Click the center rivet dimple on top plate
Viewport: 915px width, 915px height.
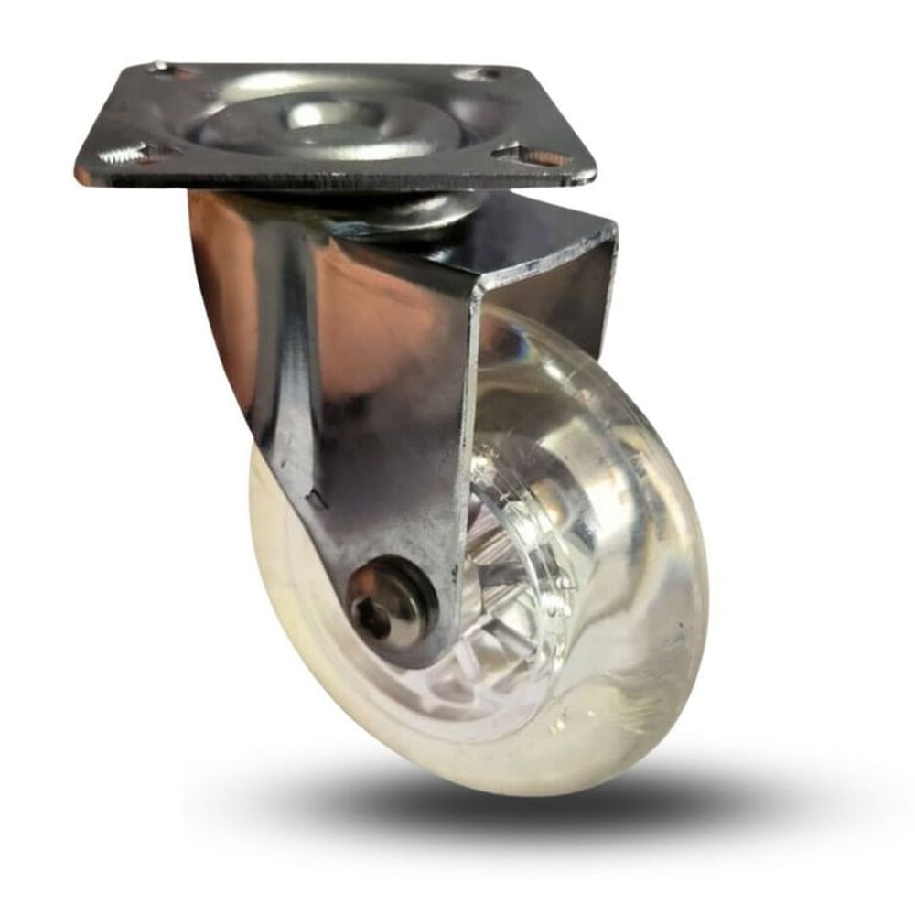pyautogui.click(x=319, y=113)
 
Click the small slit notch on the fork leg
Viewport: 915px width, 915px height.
pyautogui.click(x=317, y=500)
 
